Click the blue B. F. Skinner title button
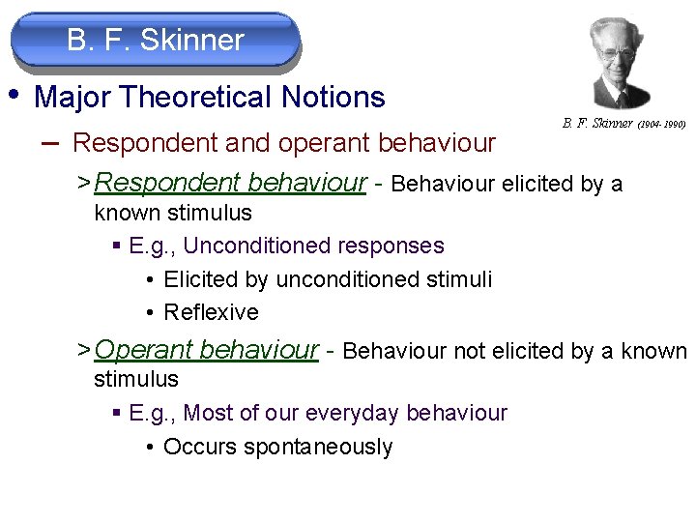tap(156, 41)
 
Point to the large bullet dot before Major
tap(14, 95)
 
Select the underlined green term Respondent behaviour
tap(231, 183)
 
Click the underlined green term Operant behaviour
tap(207, 350)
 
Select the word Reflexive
tap(212, 313)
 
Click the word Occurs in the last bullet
tap(196, 448)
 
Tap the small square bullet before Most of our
tap(117, 414)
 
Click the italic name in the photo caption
tap(597, 124)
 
